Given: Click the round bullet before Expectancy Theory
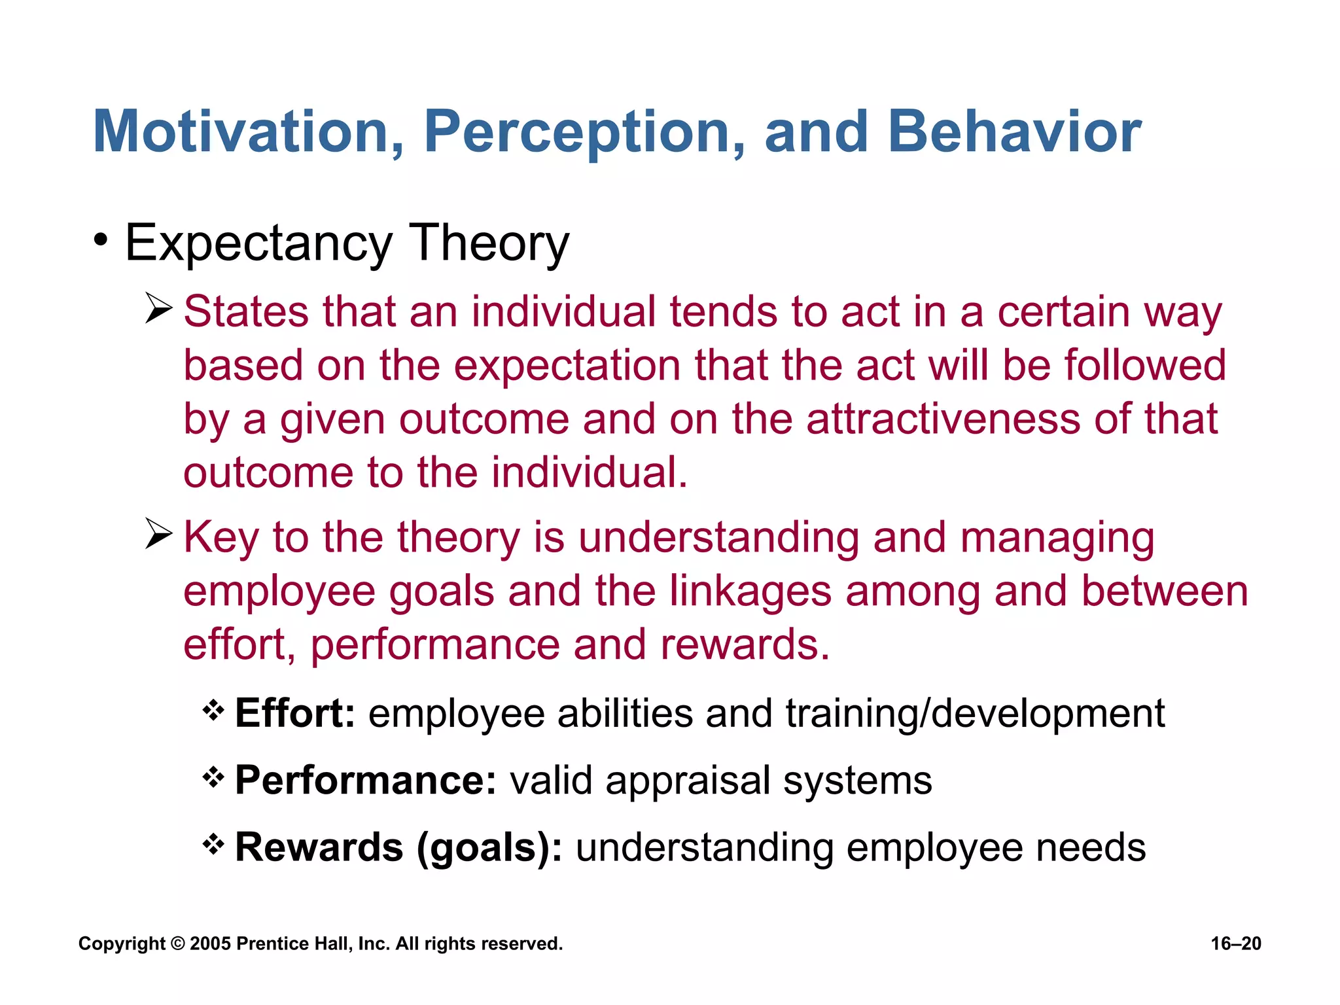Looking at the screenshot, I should click(x=100, y=240).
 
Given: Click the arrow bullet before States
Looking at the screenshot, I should click(x=158, y=309).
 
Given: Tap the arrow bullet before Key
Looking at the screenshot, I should click(x=158, y=534).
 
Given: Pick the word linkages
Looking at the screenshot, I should click(x=750, y=591).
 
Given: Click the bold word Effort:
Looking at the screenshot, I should click(x=295, y=713).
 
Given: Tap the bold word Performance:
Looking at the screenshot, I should click(x=366, y=780).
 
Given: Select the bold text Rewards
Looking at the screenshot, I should click(x=319, y=847).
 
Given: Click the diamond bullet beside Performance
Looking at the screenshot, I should click(x=213, y=778).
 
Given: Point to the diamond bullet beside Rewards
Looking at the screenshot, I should click(x=213, y=845).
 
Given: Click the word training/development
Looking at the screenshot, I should click(x=975, y=713).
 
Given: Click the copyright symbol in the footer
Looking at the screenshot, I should click(x=177, y=943).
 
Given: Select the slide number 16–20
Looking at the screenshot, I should click(x=1235, y=943).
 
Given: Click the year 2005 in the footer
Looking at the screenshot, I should click(x=211, y=943).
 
